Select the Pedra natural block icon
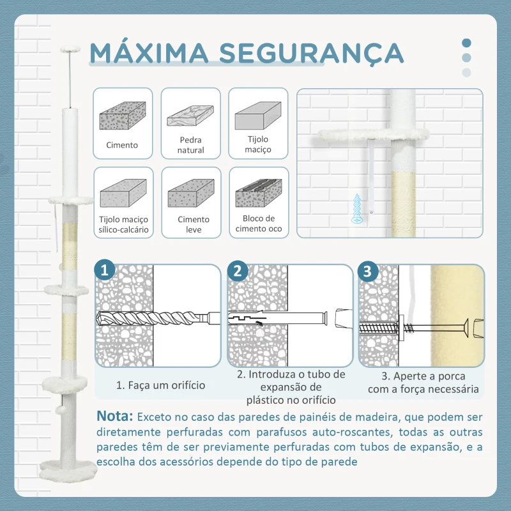pos(190,117)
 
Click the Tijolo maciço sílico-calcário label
pos(124,224)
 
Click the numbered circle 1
pos(106,271)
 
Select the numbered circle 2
pos(238,271)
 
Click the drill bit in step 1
pos(153,317)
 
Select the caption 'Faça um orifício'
pos(160,385)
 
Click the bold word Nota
pos(115,416)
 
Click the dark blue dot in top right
pos(466,43)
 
